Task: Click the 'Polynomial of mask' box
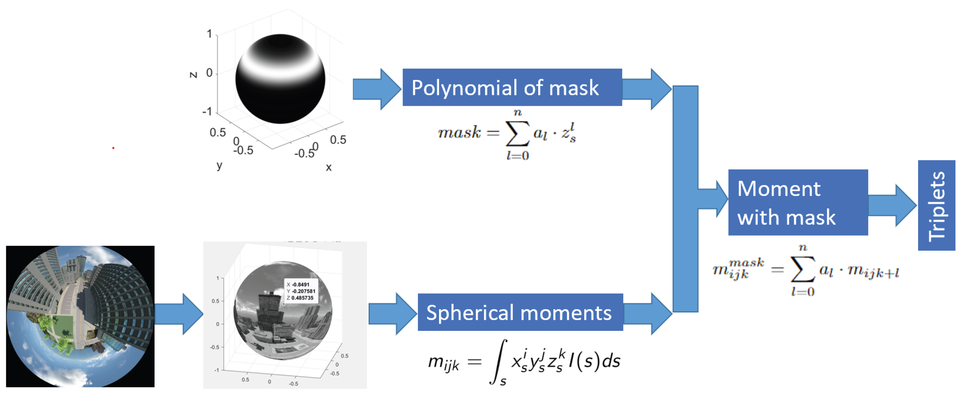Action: click(512, 87)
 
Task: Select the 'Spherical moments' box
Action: click(520, 312)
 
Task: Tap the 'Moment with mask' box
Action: click(798, 202)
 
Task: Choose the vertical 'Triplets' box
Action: click(936, 205)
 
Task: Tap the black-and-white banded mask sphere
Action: click(280, 79)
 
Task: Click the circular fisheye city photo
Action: click(80, 316)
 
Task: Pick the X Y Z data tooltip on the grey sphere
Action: click(301, 291)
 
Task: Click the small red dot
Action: click(113, 148)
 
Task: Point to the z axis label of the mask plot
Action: click(193, 75)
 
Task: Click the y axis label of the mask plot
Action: click(219, 165)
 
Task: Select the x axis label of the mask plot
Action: click(329, 167)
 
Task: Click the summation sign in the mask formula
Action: click(517, 134)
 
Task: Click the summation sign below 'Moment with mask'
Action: click(802, 269)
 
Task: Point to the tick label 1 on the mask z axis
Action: click(210, 34)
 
